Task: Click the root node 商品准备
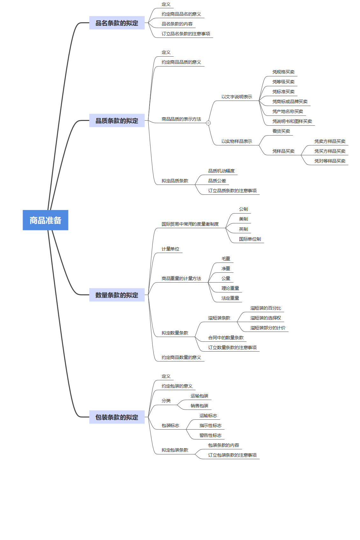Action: [46, 220]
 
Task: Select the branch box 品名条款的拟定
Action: [117, 23]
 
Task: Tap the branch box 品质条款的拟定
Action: [117, 121]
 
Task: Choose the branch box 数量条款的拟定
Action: [117, 295]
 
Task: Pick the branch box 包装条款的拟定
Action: [117, 417]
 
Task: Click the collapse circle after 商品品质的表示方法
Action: [208, 123]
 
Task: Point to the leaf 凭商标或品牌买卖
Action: [290, 102]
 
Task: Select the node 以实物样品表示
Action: [236, 141]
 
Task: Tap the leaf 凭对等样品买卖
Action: [330, 161]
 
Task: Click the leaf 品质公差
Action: [217, 181]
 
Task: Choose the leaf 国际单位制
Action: [250, 239]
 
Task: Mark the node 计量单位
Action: [170, 249]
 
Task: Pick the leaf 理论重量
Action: [230, 288]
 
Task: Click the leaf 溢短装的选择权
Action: [265, 318]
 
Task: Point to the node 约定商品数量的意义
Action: [181, 357]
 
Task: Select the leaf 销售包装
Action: [199, 406]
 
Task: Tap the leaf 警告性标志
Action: [210, 435]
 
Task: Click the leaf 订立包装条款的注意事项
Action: [232, 455]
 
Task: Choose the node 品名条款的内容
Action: [177, 24]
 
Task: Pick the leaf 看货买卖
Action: [281, 131]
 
